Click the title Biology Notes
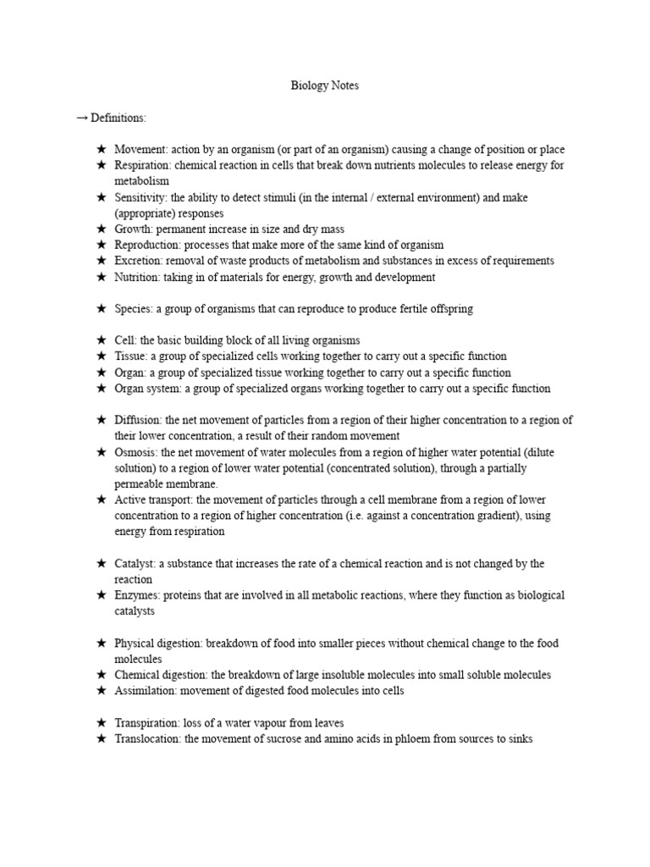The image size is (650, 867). [x=325, y=86]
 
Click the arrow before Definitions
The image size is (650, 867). [x=82, y=118]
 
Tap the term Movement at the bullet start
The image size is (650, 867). [x=139, y=150]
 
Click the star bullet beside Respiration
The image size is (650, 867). [x=101, y=166]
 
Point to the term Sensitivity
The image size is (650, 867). [x=140, y=197]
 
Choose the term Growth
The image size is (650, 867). [x=134, y=229]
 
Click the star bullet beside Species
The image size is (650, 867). [x=101, y=309]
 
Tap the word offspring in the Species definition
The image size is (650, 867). [x=450, y=309]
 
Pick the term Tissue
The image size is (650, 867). [x=131, y=356]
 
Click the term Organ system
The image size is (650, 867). [x=147, y=389]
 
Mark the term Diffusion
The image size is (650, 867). [x=138, y=421]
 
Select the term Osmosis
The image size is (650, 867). [x=135, y=453]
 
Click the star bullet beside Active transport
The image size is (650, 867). [x=101, y=500]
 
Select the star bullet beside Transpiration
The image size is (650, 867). [x=101, y=723]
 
